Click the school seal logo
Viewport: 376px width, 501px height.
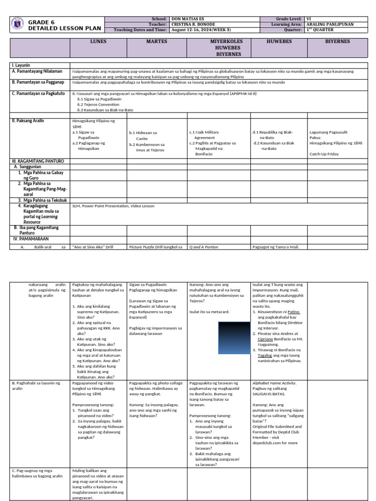17,24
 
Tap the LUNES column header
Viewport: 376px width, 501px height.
98,42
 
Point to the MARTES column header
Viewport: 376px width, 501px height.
157,42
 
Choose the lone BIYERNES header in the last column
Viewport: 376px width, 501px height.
337,42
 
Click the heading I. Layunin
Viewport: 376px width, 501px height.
21,65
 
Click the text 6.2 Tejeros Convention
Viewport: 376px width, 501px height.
98,104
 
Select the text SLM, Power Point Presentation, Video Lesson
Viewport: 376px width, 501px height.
113,206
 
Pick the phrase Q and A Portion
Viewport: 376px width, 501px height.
204,247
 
